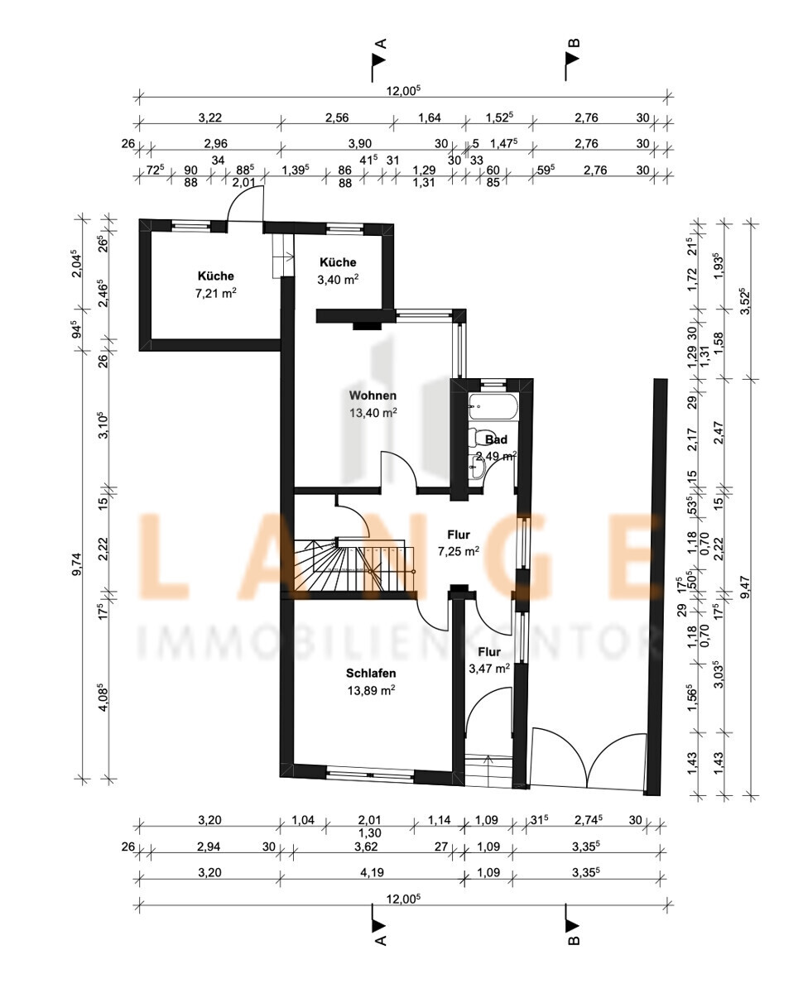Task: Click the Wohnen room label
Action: (x=373, y=396)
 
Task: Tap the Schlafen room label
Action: (x=371, y=674)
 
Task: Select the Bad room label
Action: (x=496, y=439)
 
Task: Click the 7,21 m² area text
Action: (x=215, y=293)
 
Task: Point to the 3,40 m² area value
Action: (x=338, y=280)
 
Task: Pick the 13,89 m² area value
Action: (x=371, y=690)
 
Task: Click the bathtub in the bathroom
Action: (x=493, y=406)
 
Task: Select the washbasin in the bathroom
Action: (x=477, y=468)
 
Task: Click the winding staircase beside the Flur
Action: (x=354, y=564)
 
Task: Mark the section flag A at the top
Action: (x=378, y=60)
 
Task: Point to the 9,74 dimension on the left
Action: (x=76, y=564)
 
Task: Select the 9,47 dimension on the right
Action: (x=745, y=588)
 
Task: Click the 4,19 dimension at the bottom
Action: (x=373, y=872)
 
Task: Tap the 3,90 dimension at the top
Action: (x=360, y=144)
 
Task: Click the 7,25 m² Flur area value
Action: (x=459, y=551)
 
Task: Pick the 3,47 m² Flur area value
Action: (x=489, y=669)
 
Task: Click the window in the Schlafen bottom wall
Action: (x=370, y=775)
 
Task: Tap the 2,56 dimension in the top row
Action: (x=337, y=118)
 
